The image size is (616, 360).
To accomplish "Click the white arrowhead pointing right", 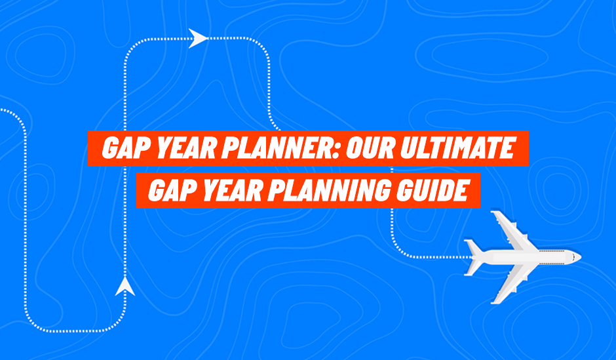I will [198, 39].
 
